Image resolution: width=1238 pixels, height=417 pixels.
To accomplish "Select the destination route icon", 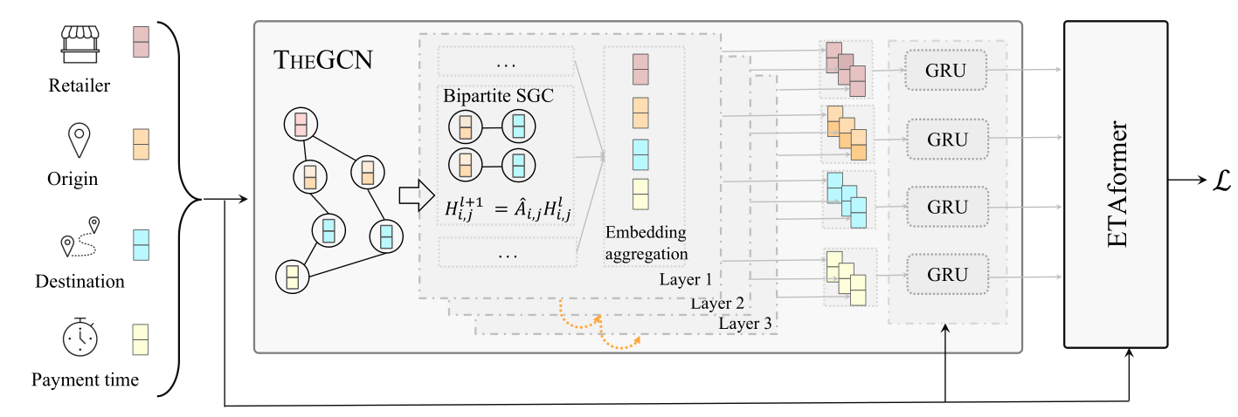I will pos(80,236).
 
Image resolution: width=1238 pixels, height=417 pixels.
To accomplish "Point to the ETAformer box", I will pos(1117,182).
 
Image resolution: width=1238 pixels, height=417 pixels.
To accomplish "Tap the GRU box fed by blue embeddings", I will pos(947,207).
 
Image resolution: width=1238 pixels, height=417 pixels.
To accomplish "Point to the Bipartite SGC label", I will pos(498,97).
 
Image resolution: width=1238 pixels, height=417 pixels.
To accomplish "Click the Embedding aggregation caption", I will pos(646,243).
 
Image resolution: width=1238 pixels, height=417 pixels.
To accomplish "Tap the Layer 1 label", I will pos(686,280).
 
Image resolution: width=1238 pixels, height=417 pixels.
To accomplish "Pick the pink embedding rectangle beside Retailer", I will pos(141,40).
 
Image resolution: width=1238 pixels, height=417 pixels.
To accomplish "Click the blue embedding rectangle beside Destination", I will pos(141,244).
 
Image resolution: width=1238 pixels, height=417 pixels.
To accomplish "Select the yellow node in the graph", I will pos(293,277).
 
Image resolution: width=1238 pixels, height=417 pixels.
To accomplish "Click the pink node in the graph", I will pos(300,125).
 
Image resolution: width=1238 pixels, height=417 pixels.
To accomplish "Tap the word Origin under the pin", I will pos(73,180).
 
